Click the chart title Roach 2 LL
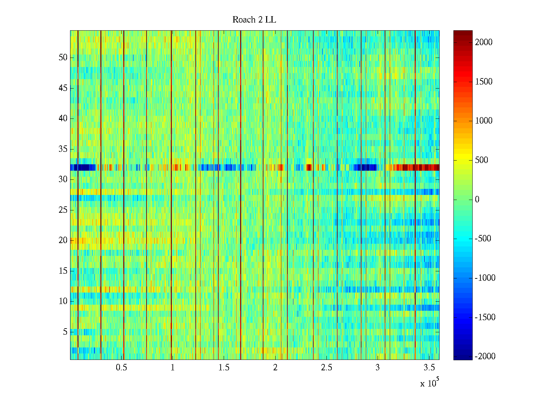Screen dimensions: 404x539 [254, 20]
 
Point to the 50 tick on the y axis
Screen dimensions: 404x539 [63, 58]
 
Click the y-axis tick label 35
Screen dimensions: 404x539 [63, 149]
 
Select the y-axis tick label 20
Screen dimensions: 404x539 [63, 240]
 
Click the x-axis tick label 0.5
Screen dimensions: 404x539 [121, 368]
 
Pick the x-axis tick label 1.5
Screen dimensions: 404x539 [224, 368]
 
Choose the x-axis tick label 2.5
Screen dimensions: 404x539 [326, 368]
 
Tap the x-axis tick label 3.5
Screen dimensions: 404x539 [429, 368]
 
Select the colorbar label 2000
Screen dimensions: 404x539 [484, 42]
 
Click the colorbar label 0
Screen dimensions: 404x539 [477, 200]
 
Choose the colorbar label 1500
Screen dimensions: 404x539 [484, 82]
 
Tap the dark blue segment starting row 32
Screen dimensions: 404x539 [81, 167]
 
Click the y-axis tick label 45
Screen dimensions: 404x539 [63, 88]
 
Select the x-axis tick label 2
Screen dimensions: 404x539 [275, 368]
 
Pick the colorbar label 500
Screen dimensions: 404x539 [482, 160]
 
